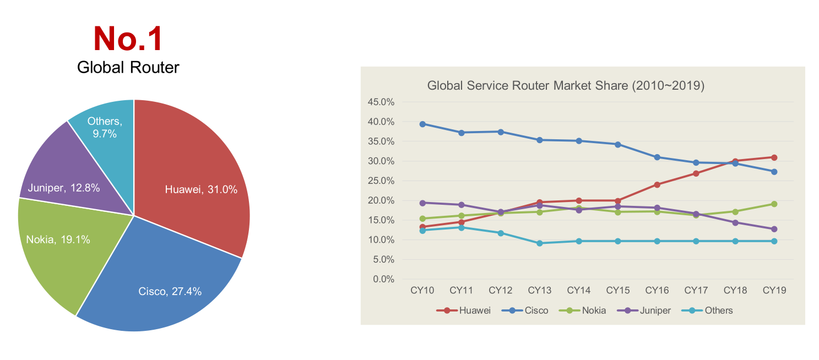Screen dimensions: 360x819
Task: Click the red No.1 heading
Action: [128, 39]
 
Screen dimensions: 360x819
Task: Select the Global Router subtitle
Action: [128, 67]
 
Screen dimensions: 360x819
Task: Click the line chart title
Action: [566, 86]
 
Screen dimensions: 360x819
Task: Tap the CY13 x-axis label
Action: [539, 290]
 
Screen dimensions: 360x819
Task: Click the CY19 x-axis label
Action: [774, 290]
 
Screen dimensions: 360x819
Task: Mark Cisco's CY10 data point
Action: [422, 124]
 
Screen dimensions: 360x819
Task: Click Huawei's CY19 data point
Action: [774, 157]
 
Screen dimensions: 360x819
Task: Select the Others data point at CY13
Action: [540, 243]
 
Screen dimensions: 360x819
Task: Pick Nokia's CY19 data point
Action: [774, 204]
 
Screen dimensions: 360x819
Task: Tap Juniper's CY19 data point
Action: [774, 229]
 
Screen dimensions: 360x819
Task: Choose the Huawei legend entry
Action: [468, 310]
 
